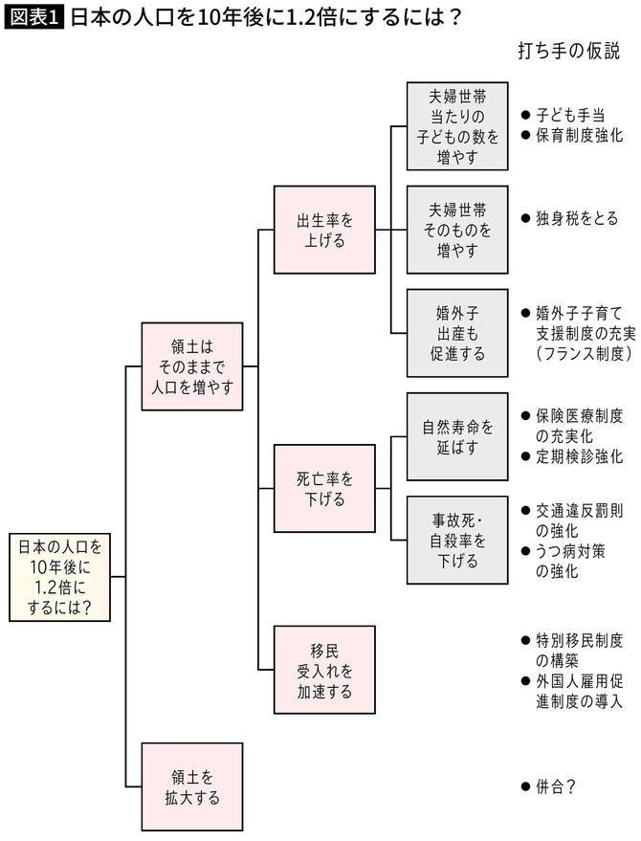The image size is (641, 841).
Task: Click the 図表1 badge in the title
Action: click(x=34, y=18)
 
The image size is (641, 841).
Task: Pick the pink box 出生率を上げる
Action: click(x=324, y=230)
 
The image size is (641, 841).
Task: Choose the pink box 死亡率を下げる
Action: click(x=324, y=487)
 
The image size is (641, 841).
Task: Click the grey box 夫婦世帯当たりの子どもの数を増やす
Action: click(x=457, y=125)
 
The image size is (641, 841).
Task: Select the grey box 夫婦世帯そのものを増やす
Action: click(x=457, y=230)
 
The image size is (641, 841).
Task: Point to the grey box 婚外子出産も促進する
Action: click(x=457, y=332)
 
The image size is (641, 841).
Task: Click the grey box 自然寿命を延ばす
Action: click(x=457, y=436)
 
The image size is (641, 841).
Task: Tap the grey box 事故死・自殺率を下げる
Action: click(x=457, y=540)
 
